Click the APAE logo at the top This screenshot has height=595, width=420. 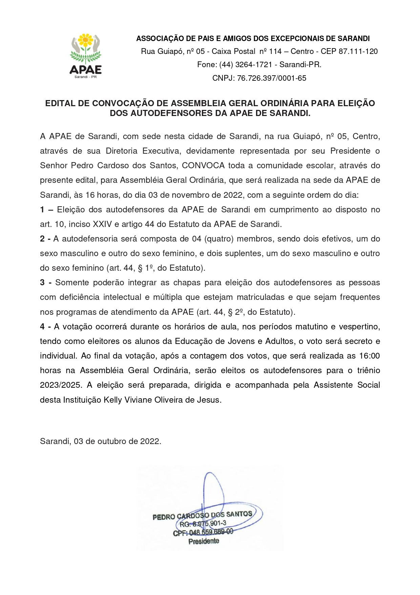tap(86, 56)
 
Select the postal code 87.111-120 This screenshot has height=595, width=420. tap(358, 52)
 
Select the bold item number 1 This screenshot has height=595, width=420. tap(42, 210)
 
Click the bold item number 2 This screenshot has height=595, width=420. tap(42, 239)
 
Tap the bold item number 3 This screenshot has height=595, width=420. tap(42, 283)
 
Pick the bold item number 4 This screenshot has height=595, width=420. tap(42, 327)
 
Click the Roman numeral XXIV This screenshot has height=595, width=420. tap(102, 224)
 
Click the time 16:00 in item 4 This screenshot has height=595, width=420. tap(369, 356)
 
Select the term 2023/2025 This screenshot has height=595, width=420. tap(61, 385)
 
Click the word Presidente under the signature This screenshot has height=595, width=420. tap(204, 541)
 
